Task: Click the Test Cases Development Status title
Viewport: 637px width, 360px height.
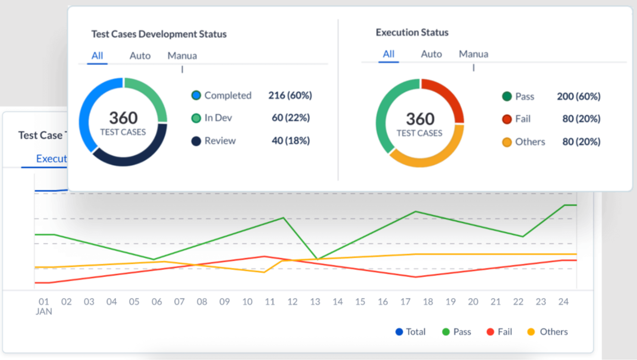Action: tap(159, 34)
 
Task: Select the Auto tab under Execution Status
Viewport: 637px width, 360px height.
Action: tap(431, 54)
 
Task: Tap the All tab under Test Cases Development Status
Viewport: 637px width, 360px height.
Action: tap(97, 56)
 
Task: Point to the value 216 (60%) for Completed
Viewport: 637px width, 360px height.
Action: tap(290, 95)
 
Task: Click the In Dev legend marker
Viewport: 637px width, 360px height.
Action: tap(196, 118)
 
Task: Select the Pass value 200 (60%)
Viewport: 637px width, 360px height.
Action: tap(578, 96)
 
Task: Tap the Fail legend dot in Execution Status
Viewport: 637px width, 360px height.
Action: tap(507, 119)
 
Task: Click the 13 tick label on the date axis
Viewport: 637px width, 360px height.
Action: tap(315, 302)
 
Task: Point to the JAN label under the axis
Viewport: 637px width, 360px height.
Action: tap(44, 311)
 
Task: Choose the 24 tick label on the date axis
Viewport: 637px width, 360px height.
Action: tap(563, 302)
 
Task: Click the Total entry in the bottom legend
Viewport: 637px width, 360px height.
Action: tap(410, 332)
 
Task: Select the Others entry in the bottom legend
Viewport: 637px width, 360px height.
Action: tap(547, 332)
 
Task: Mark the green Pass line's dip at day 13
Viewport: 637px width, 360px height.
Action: tap(317, 259)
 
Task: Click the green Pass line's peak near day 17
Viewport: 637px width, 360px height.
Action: tap(416, 211)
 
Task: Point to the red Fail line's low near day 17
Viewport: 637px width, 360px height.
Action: tap(416, 277)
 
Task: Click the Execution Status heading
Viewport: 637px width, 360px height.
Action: tap(412, 32)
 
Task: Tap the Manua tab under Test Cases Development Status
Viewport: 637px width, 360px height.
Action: tap(182, 56)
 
